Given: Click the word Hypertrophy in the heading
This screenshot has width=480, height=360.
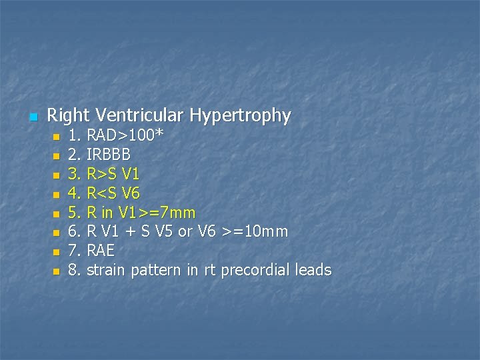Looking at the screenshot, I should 240,116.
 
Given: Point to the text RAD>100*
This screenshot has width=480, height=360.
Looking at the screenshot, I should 125,136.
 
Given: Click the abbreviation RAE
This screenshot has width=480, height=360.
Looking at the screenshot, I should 101,251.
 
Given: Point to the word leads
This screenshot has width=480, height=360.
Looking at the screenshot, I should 314,270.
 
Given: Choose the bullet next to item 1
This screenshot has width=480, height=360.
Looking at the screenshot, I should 56,137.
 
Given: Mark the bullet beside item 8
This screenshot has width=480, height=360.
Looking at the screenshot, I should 56,271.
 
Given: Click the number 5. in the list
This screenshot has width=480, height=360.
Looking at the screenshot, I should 75,213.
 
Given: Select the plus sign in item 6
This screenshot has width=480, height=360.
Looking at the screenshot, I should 133,233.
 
